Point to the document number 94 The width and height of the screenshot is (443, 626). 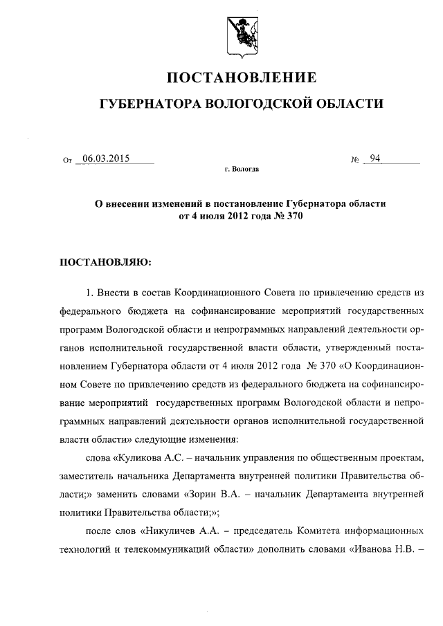coord(375,158)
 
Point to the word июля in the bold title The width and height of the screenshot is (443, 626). coord(208,216)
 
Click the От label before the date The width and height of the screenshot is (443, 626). coord(67,160)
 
